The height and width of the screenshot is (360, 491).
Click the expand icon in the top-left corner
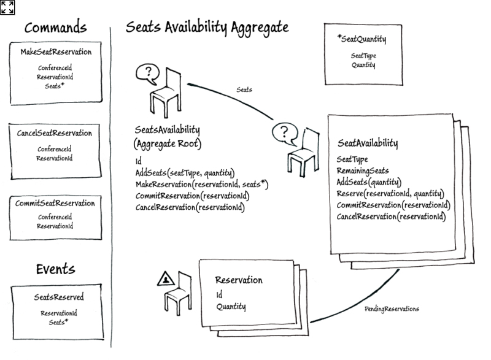pos(7,7)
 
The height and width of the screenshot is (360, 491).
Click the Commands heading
pos(55,28)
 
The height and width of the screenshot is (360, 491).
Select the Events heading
pos(55,269)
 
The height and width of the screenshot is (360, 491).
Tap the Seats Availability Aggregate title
pos(207,28)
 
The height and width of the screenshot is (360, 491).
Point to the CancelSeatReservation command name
pos(55,133)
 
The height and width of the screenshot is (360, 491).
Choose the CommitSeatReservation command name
pos(55,203)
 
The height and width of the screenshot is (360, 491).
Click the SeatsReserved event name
pos(59,297)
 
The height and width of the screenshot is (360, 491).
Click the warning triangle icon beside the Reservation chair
pos(166,280)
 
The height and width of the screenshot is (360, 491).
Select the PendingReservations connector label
pos(392,309)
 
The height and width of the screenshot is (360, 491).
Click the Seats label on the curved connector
pos(244,90)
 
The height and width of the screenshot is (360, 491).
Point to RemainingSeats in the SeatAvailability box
pos(363,171)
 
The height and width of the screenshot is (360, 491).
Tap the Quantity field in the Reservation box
pos(231,307)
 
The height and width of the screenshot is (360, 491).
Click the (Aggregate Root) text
pos(168,144)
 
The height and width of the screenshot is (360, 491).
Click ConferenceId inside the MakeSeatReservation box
pos(55,67)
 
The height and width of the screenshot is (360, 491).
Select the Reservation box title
pos(239,280)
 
